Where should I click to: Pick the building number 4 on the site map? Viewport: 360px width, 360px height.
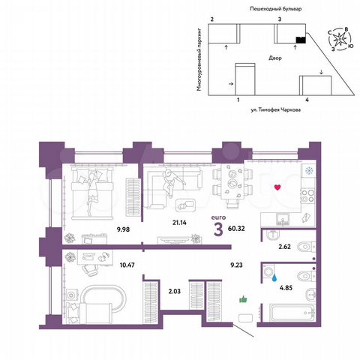pos(307,99)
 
